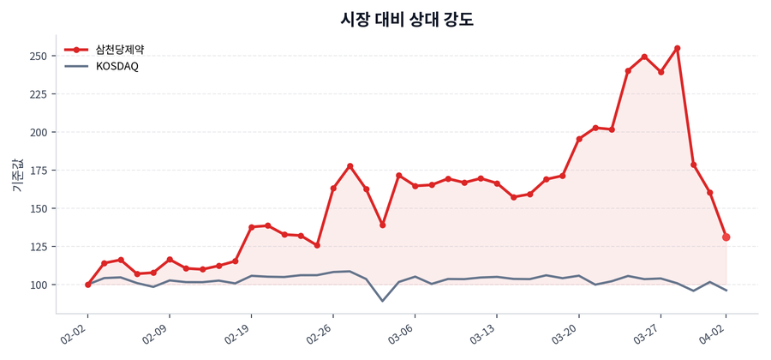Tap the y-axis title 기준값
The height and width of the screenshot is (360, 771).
[18, 176]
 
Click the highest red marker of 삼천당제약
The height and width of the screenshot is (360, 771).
[678, 48]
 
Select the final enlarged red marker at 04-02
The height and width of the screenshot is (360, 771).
[726, 237]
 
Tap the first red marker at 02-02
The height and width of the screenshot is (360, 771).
[88, 285]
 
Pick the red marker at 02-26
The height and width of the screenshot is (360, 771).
[333, 189]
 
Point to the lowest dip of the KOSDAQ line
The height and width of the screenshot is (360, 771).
[382, 301]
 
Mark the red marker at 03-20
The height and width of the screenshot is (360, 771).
[579, 139]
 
